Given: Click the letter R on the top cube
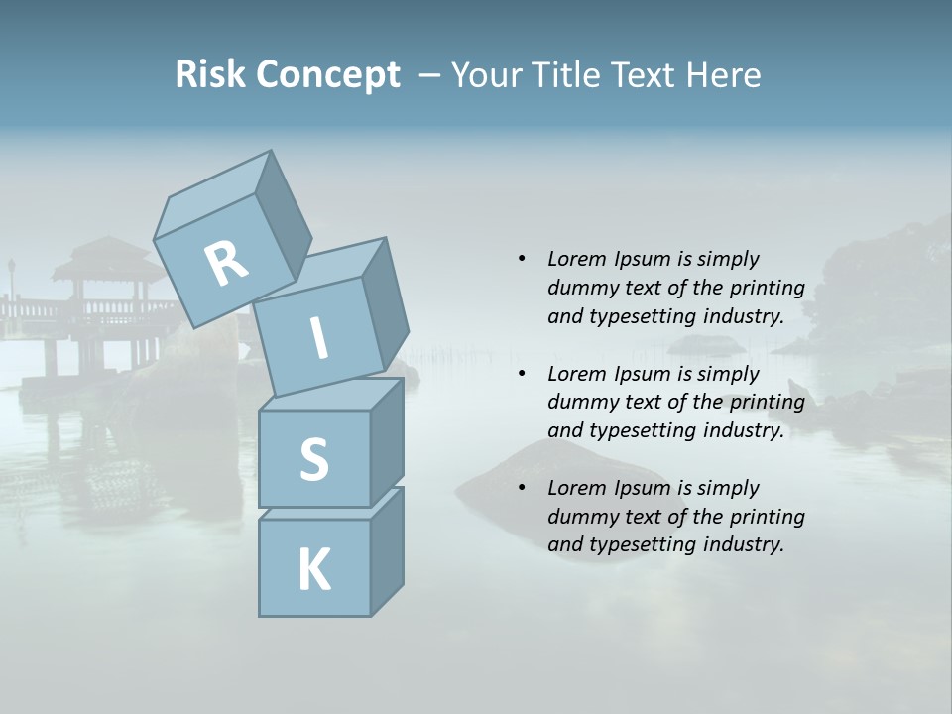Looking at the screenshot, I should click(226, 264).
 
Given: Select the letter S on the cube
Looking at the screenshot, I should click(313, 459).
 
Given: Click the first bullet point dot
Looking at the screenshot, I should click(522, 259).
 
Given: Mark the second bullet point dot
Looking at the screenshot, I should click(522, 374).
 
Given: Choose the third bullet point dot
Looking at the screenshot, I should click(522, 488).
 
